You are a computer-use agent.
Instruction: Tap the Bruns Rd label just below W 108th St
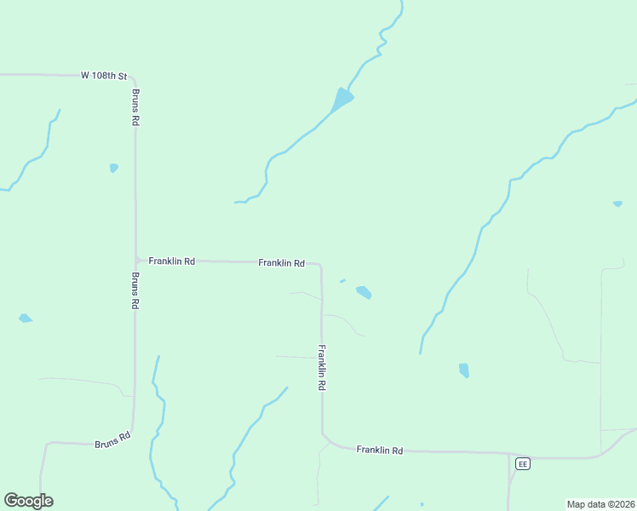pos(135,107)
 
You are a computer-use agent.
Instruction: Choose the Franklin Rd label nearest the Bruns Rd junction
pos(171,261)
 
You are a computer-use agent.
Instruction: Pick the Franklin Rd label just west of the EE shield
pos(379,450)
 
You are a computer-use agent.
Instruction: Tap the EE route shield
pos(522,463)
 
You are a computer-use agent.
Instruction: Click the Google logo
pos(28,501)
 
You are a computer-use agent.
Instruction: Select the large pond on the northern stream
pos(342,100)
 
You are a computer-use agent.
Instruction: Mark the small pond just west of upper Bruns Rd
pos(114,168)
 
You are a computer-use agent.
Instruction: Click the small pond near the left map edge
pos(26,319)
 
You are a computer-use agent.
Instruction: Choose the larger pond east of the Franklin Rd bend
pos(364,292)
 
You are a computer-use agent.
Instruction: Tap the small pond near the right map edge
pos(617,204)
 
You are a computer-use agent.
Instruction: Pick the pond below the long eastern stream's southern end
pos(464,370)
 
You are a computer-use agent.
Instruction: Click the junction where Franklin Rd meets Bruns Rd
pos(136,260)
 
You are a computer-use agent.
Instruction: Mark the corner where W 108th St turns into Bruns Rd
pos(133,78)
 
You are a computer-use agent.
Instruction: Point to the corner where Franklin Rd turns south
pos(319,266)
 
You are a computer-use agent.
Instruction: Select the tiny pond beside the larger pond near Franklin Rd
pos(342,280)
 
